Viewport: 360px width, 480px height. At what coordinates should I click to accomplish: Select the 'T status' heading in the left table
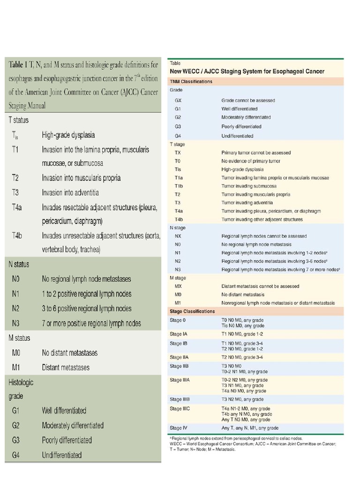tap(19, 120)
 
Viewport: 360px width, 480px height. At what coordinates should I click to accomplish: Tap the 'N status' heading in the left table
tap(19, 264)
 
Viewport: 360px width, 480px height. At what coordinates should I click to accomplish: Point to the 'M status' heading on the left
tap(19, 338)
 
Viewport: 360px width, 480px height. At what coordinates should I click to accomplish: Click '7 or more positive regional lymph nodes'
tap(91, 323)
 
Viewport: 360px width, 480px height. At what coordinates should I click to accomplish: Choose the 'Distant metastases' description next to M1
tap(66, 367)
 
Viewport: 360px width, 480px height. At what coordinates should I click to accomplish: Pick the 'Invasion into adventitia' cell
tap(70, 193)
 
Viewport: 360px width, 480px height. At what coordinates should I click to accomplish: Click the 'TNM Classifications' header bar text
tap(191, 82)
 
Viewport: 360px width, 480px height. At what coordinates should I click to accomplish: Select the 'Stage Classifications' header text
tap(192, 311)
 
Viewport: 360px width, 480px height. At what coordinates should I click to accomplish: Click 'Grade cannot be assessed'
tap(248, 100)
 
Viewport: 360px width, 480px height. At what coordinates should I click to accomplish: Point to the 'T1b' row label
tap(179, 186)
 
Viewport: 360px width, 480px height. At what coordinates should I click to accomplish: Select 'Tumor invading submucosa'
tap(249, 186)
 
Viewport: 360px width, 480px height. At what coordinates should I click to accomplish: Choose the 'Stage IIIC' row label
tap(180, 409)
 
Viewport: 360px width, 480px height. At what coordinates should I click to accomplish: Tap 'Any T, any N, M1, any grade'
tap(250, 428)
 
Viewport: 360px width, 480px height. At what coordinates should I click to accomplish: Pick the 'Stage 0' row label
tap(178, 320)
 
